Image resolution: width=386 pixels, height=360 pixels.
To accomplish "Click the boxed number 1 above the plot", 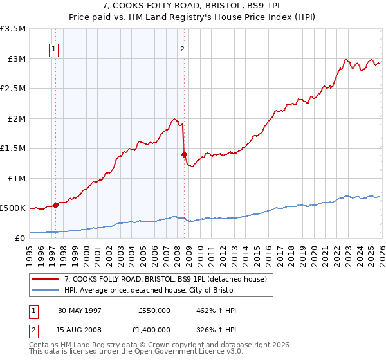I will pos(55,48).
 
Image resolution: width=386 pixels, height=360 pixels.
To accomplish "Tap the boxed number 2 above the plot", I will pos(183,48).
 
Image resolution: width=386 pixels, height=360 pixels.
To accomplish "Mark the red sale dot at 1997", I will pos(56,205).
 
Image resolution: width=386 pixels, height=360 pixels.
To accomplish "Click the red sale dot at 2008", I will pos(184,154).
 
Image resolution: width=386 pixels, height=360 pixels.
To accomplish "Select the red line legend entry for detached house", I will pos(151,278).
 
